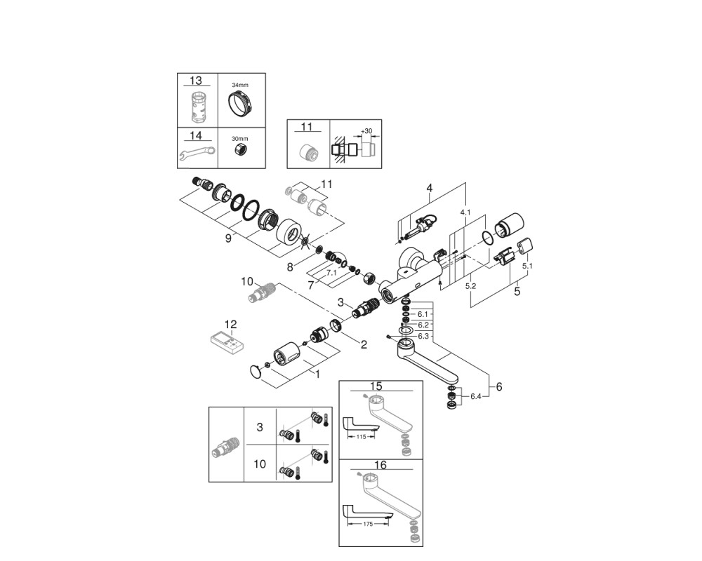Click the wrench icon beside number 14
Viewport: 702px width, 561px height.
(197, 154)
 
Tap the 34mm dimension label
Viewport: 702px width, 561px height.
(240, 85)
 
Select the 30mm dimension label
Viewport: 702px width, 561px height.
(239, 139)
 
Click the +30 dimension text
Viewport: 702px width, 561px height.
(366, 130)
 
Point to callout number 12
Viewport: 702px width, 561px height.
(230, 324)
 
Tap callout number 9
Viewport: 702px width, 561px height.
(228, 238)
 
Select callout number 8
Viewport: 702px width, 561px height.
(290, 267)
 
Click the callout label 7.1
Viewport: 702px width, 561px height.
(331, 273)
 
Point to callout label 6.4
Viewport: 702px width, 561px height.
(476, 396)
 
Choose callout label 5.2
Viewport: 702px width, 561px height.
(470, 286)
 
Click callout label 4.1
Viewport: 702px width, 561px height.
(465, 212)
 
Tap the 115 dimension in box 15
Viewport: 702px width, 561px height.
(361, 436)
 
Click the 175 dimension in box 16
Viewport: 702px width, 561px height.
(368, 524)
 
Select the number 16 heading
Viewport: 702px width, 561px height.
(380, 465)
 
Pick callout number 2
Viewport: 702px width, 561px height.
(364, 344)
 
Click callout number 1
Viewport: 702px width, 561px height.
(317, 374)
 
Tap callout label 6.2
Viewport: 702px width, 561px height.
(423, 325)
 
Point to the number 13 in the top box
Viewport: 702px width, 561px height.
(196, 81)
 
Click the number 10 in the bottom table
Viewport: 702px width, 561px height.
(260, 464)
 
